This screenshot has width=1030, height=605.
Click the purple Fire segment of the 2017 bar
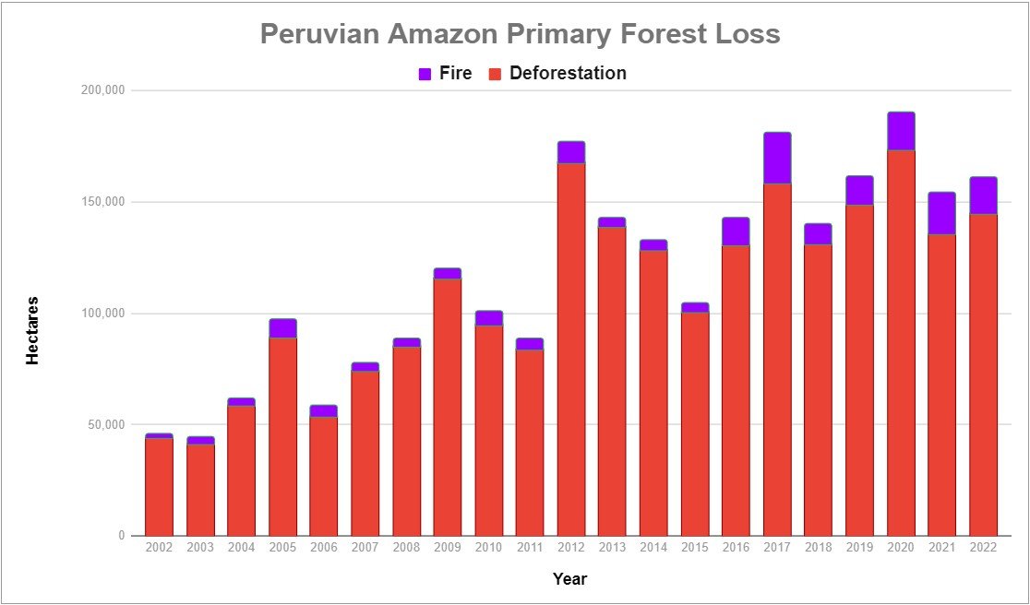pos(777,158)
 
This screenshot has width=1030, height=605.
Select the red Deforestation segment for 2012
pos(571,350)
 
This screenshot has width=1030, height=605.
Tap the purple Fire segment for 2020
pos(901,131)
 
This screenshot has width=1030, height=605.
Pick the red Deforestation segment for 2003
pos(200,490)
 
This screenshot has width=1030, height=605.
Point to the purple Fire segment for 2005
pos(283,328)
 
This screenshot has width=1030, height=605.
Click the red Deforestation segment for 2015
pos(695,424)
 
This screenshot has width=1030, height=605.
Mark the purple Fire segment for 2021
pos(942,213)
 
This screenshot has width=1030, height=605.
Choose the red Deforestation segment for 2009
pos(448,408)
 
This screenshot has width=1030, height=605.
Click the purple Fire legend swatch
pos(425,74)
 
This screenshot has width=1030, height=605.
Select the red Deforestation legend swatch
pos(496,74)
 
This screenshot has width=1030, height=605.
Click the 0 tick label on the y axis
pos(122,536)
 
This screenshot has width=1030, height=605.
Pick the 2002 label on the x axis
pos(159,548)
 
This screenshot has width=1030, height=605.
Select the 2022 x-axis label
pos(983,548)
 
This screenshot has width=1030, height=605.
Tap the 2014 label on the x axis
pos(653,548)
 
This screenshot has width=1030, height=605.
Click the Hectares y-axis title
pos(32,331)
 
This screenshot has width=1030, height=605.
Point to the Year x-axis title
pos(570,579)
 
